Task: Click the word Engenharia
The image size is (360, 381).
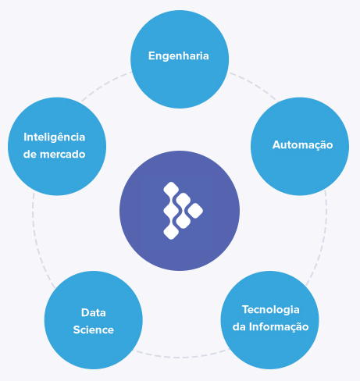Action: [x=179, y=56]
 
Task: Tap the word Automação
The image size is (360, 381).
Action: [x=302, y=145]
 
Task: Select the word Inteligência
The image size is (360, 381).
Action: [x=55, y=137]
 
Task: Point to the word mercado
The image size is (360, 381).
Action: [x=62, y=155]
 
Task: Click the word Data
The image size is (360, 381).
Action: [x=94, y=312]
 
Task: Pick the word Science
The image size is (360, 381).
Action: [x=94, y=329]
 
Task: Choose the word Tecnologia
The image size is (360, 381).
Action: [x=271, y=310]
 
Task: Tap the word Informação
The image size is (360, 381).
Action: [x=279, y=327]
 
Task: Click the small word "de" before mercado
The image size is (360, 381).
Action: [x=30, y=155]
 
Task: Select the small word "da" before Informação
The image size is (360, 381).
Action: [x=239, y=327]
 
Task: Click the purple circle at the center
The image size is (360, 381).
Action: [x=180, y=211]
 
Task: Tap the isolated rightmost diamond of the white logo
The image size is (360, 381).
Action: [x=195, y=211]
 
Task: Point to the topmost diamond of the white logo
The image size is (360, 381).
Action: [x=171, y=190]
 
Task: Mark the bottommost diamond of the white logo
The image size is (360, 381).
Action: [x=171, y=231]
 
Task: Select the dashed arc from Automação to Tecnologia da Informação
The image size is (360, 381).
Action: [x=323, y=240]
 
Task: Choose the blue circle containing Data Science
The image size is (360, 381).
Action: [x=94, y=320]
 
